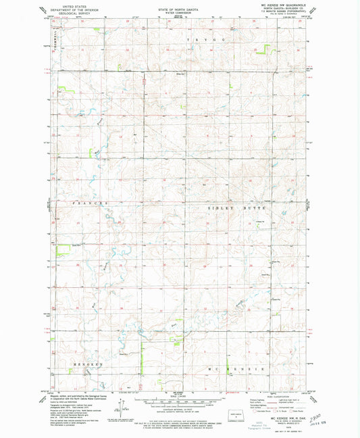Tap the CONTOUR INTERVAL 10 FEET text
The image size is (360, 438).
tap(180, 410)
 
